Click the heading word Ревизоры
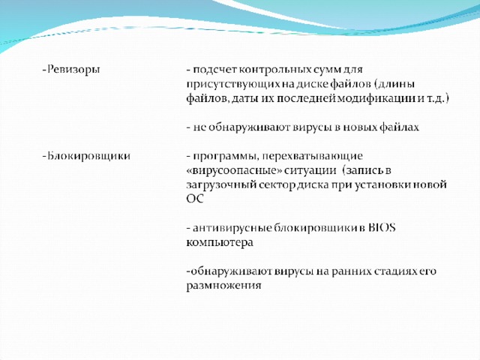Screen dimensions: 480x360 pos(73,70)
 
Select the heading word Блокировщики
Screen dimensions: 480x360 pos(88,156)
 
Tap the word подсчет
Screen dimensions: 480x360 pos(215,70)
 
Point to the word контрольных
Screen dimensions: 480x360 pos(275,70)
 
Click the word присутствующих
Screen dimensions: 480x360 pos(233,85)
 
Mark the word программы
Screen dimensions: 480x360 pos(226,157)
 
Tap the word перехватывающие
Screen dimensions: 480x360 pos(313,157)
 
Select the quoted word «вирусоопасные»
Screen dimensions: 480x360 pos(234,170)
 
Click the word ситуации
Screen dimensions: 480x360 pos(310,170)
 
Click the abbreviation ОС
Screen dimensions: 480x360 pos(195,199)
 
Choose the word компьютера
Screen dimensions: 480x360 pos(220,243)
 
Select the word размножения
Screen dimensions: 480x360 pos(223,286)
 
